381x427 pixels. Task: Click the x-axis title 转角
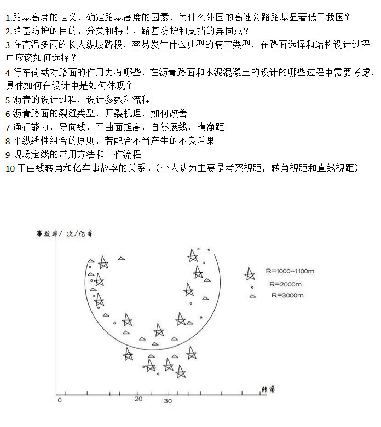268,389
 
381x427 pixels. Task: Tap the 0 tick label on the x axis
59,401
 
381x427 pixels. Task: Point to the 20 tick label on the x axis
138,399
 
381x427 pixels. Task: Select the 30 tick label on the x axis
168,401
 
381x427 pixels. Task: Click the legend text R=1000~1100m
290,271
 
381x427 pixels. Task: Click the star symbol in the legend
250,272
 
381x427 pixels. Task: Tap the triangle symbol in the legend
252,296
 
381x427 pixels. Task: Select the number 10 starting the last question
10,168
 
